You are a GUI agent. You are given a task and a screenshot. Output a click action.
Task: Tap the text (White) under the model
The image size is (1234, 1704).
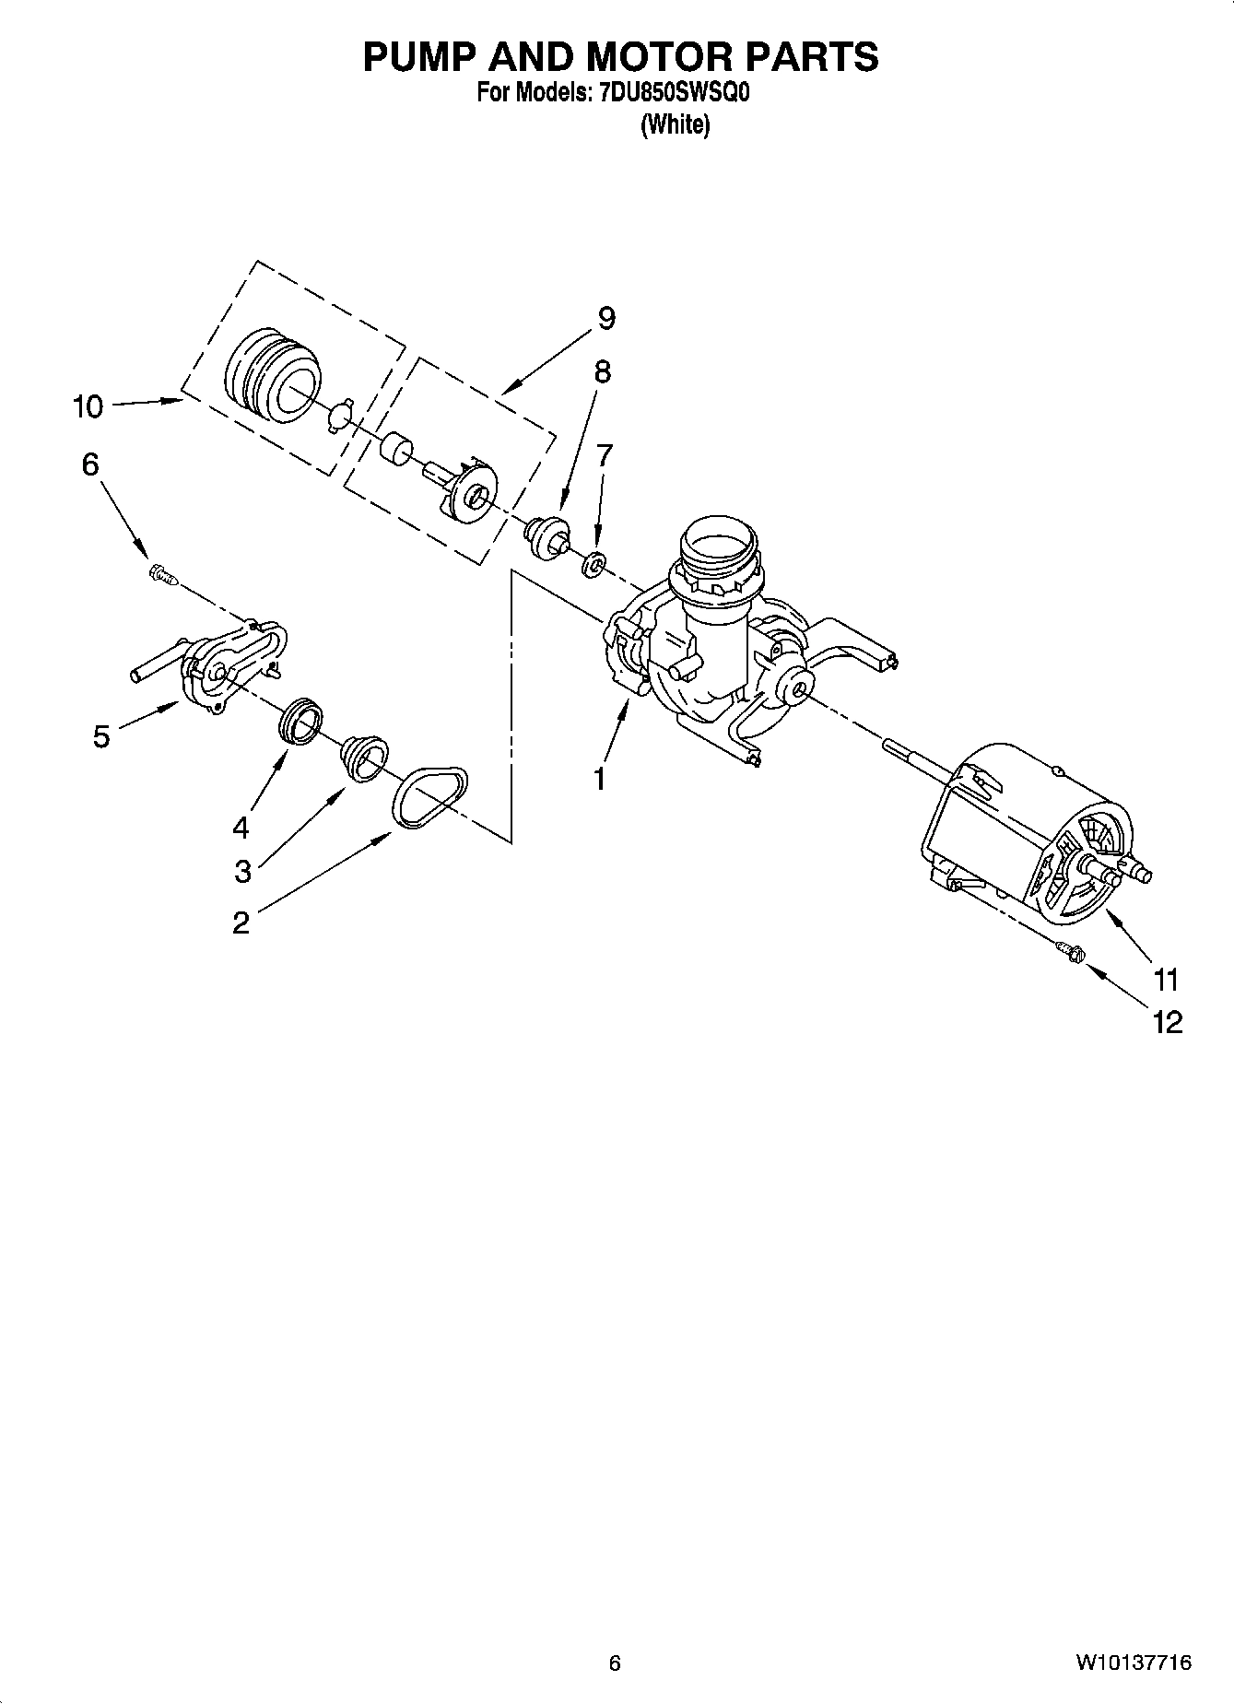[675, 124]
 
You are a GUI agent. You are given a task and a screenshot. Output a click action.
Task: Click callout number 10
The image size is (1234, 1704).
[88, 406]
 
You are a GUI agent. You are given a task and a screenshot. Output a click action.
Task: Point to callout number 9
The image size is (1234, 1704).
[605, 318]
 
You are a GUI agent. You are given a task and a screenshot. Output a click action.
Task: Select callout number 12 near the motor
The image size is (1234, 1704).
[1166, 1022]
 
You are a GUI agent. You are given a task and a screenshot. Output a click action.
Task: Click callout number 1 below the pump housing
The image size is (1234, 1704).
[599, 779]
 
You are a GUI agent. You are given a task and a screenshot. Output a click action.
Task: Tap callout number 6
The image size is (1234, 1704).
[89, 464]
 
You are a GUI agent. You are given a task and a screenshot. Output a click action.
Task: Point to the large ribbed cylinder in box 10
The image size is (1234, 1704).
[273, 375]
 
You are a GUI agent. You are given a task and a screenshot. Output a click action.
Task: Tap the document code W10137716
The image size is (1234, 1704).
[1133, 1663]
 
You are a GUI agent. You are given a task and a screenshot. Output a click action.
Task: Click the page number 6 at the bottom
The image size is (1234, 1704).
[615, 1663]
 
